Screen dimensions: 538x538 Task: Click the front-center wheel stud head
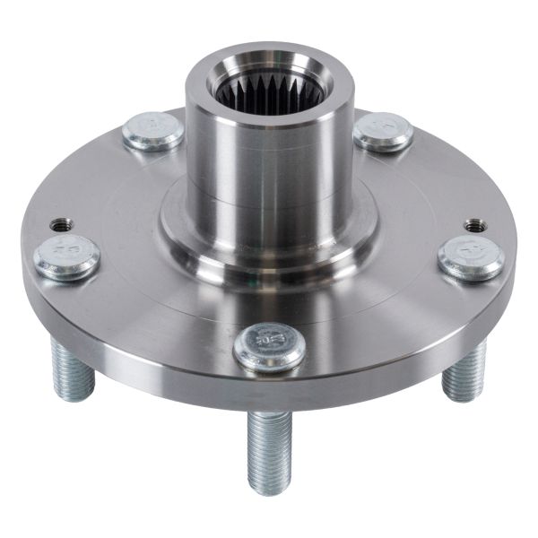pos(269,345)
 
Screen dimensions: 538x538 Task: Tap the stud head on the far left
pos(66,257)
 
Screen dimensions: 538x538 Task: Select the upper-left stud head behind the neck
pos(152,132)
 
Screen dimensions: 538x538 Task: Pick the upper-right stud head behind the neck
pos(384,132)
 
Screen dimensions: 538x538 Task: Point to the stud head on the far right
pos(472,257)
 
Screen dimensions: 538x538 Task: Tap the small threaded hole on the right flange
pos(473,225)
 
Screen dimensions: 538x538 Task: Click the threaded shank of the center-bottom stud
pos(269,439)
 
